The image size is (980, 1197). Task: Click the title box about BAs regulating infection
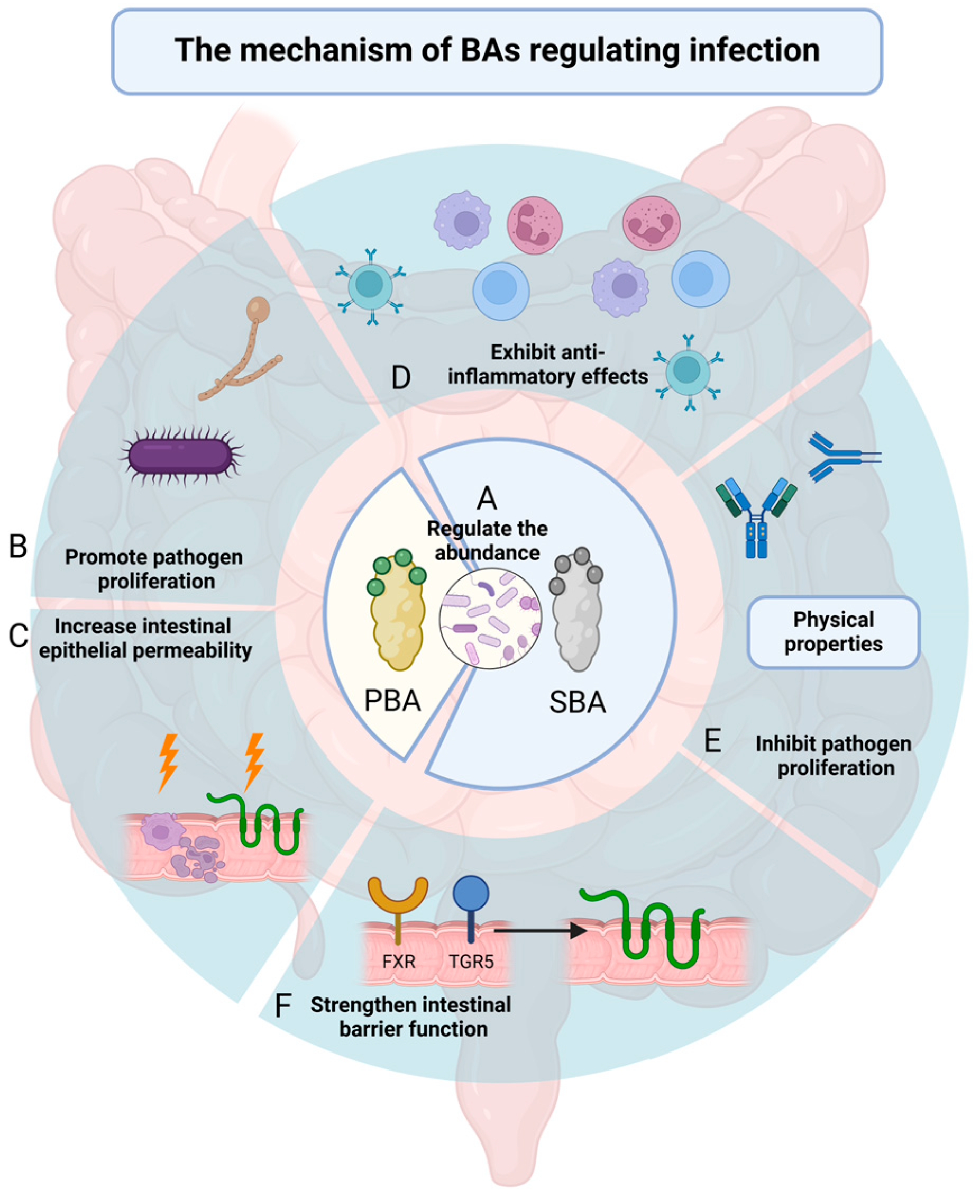pos(497,51)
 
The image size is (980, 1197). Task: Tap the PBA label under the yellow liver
pos(392,701)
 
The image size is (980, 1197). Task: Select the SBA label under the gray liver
pos(578,703)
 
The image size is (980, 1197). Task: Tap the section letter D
pos(401,378)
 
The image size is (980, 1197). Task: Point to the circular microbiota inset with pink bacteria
pos(490,619)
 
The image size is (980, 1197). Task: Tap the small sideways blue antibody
pos(841,458)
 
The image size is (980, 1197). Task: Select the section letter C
pos(18,636)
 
